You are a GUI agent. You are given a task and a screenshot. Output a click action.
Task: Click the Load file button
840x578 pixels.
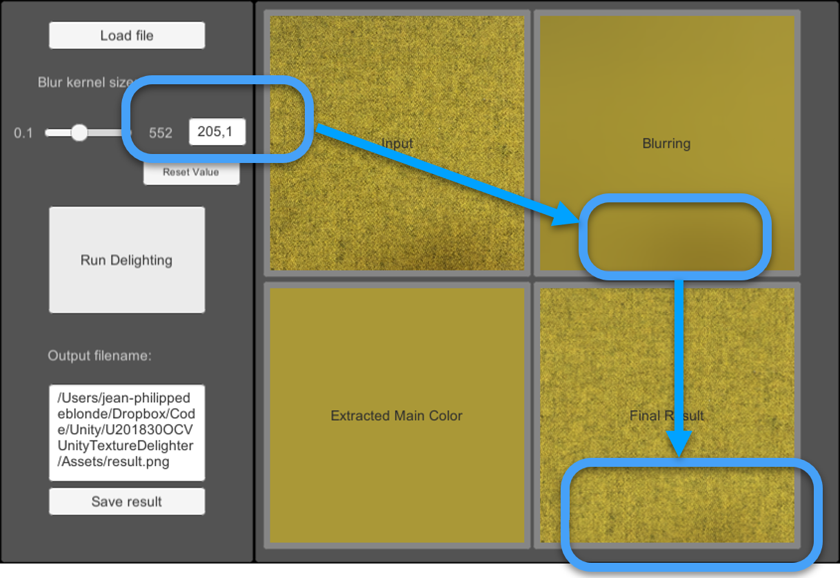[127, 35]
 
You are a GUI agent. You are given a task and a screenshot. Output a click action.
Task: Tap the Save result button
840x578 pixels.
[127, 501]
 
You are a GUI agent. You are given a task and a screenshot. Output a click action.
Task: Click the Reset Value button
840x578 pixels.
[191, 172]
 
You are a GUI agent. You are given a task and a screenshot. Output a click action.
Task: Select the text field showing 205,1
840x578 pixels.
[217, 132]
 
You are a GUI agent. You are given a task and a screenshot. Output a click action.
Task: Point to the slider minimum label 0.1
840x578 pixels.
[23, 133]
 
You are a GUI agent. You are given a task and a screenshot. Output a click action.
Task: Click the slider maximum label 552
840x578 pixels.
[161, 133]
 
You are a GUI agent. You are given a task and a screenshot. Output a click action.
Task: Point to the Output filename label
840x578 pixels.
[99, 356]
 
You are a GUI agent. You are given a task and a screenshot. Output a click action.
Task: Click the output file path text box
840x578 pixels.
[127, 432]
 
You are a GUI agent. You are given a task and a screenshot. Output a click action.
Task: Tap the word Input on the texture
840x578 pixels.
[397, 144]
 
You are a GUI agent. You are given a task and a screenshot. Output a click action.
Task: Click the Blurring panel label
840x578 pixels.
[666, 144]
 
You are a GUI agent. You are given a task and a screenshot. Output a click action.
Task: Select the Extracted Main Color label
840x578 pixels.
[397, 416]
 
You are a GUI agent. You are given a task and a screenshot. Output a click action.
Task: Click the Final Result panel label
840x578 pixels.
[666, 416]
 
